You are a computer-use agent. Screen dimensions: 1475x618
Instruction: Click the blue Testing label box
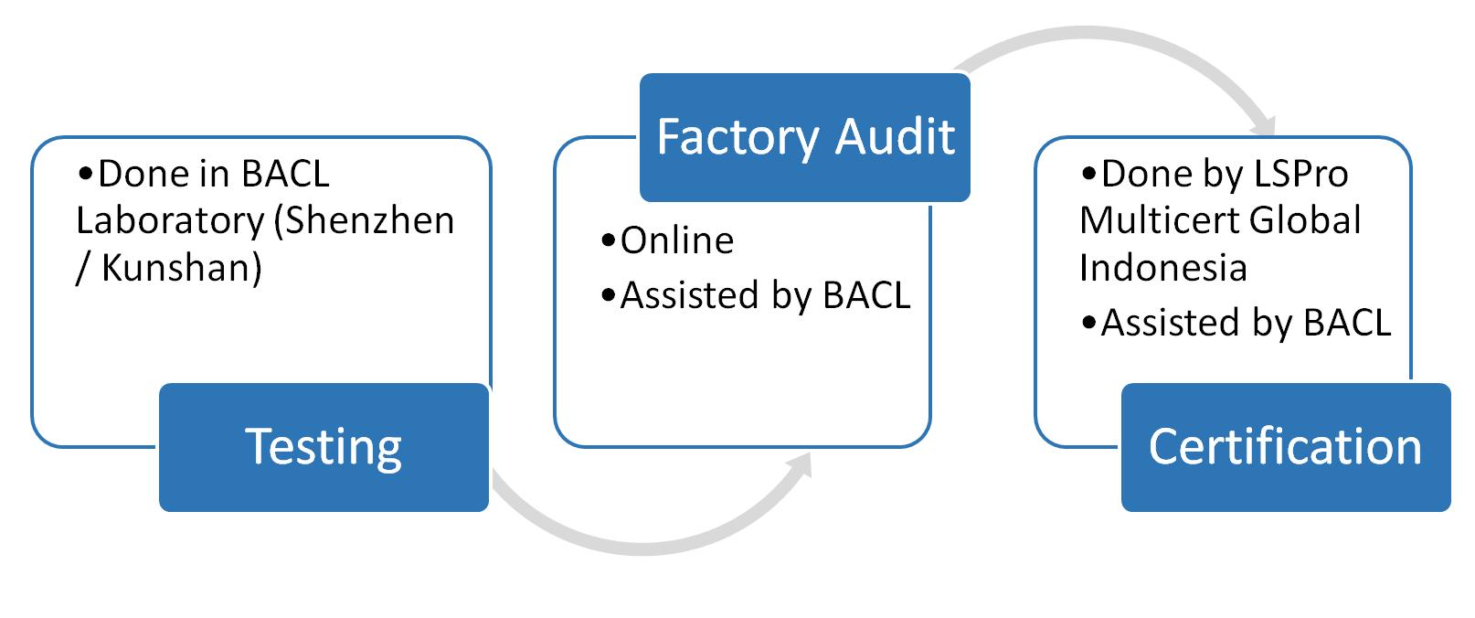(324, 447)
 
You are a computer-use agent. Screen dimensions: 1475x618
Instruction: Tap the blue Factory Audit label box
(804, 137)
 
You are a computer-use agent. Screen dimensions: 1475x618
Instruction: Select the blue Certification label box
(1286, 447)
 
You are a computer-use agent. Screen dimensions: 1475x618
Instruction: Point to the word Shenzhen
(364, 220)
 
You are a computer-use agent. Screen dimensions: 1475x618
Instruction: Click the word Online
(677, 240)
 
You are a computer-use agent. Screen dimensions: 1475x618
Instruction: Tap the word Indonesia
(1163, 268)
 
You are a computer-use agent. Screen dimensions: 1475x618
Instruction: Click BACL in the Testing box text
(285, 175)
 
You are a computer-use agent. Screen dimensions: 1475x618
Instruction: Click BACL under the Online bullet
(866, 295)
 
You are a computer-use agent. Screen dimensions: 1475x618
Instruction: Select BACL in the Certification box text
(1347, 323)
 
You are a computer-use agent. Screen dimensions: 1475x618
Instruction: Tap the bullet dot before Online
(609, 240)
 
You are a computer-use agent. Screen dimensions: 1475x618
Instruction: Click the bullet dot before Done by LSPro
(1089, 175)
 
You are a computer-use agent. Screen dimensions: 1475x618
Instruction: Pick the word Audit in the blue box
(896, 137)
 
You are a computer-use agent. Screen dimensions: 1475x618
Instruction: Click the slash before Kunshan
(83, 268)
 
